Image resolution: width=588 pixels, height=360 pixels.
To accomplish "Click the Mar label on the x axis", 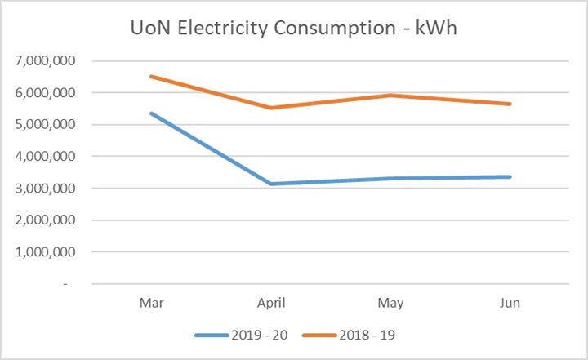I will click(152, 303).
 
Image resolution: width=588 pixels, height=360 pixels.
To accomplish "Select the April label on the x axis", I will click(272, 303).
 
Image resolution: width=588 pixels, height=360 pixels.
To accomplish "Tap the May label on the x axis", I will click(391, 303).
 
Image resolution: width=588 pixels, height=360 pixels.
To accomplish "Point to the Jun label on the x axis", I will click(510, 303).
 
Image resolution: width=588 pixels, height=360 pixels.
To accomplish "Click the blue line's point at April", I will click(272, 184).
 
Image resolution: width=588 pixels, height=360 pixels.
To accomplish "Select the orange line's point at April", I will click(272, 108).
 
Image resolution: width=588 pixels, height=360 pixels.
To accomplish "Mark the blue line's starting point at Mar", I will click(152, 113).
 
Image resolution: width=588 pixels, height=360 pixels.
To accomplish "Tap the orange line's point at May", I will click(391, 96).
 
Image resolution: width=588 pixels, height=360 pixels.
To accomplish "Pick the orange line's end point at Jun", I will click(510, 104).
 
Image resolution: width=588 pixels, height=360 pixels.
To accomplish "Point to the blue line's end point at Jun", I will click(510, 176).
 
